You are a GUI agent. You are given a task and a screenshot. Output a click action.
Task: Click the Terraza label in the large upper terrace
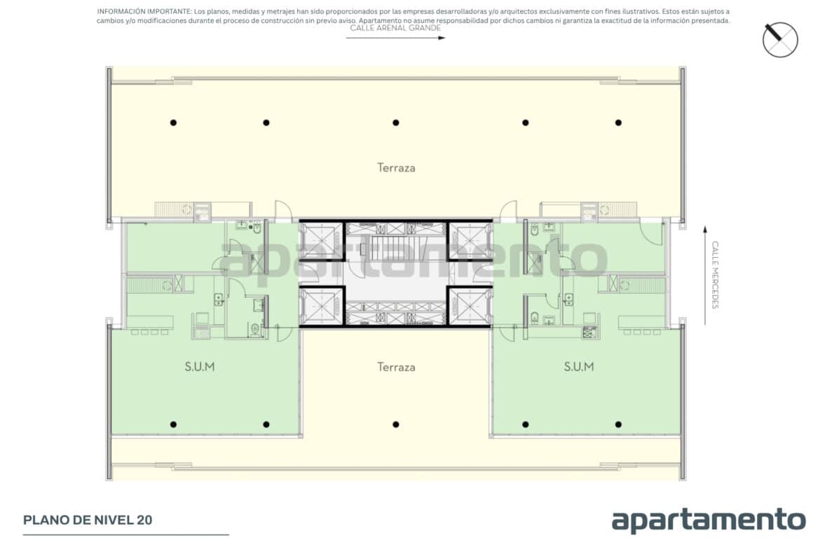396,167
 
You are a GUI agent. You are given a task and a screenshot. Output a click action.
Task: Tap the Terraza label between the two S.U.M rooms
396,367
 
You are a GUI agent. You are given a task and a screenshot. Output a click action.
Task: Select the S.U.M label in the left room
200,366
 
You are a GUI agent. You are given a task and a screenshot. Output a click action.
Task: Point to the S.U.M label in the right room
579,366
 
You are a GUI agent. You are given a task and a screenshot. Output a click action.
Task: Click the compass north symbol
780,40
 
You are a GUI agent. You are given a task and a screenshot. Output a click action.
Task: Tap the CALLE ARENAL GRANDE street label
395,28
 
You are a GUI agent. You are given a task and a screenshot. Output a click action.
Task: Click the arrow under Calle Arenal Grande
395,38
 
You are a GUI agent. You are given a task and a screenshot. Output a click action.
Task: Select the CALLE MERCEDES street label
715,275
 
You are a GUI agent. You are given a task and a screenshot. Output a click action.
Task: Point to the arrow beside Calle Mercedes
705,275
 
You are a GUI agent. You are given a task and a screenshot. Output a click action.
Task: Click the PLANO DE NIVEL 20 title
88,520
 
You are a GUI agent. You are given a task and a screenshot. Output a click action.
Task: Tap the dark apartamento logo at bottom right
709,520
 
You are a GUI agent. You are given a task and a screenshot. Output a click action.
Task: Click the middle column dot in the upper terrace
395,123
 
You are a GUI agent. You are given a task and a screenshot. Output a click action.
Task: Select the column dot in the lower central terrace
395,425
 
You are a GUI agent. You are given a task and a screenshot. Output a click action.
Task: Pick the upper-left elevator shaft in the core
322,240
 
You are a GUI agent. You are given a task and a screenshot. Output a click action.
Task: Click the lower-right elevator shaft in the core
470,306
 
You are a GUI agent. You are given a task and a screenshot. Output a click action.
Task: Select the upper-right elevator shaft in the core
470,240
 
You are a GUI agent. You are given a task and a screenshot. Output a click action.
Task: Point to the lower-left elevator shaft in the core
322,306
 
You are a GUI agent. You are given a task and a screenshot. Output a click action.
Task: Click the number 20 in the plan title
144,520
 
